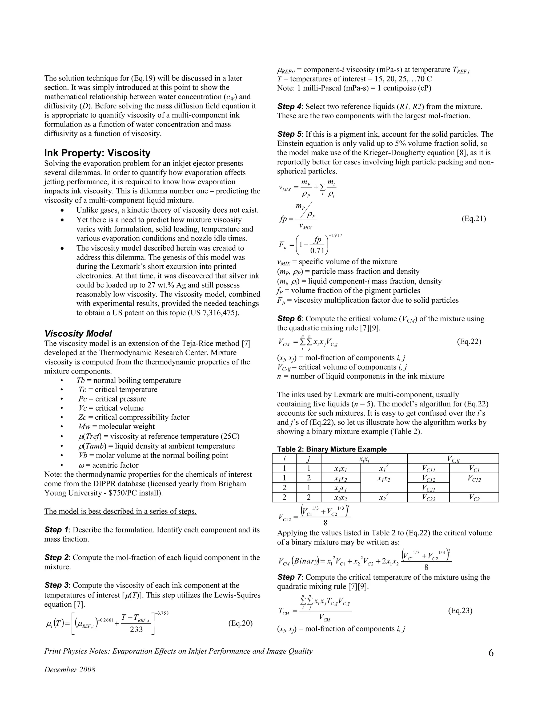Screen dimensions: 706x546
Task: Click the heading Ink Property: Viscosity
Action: (x=97, y=153)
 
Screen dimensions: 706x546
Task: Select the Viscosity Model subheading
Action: (x=78, y=334)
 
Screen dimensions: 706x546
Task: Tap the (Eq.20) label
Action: (x=240, y=623)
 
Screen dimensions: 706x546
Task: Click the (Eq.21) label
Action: (x=473, y=219)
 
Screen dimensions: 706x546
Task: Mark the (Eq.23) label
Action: (x=460, y=611)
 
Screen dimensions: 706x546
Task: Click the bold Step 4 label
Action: (x=290, y=107)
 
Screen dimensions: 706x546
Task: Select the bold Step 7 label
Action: (x=290, y=577)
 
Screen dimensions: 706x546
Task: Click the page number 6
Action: (x=491, y=653)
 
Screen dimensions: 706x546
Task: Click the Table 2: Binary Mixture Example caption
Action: (x=332, y=449)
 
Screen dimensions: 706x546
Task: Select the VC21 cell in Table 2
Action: (x=428, y=488)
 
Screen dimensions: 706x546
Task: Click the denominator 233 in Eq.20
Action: (x=136, y=629)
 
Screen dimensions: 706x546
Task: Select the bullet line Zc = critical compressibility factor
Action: (x=134, y=417)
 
